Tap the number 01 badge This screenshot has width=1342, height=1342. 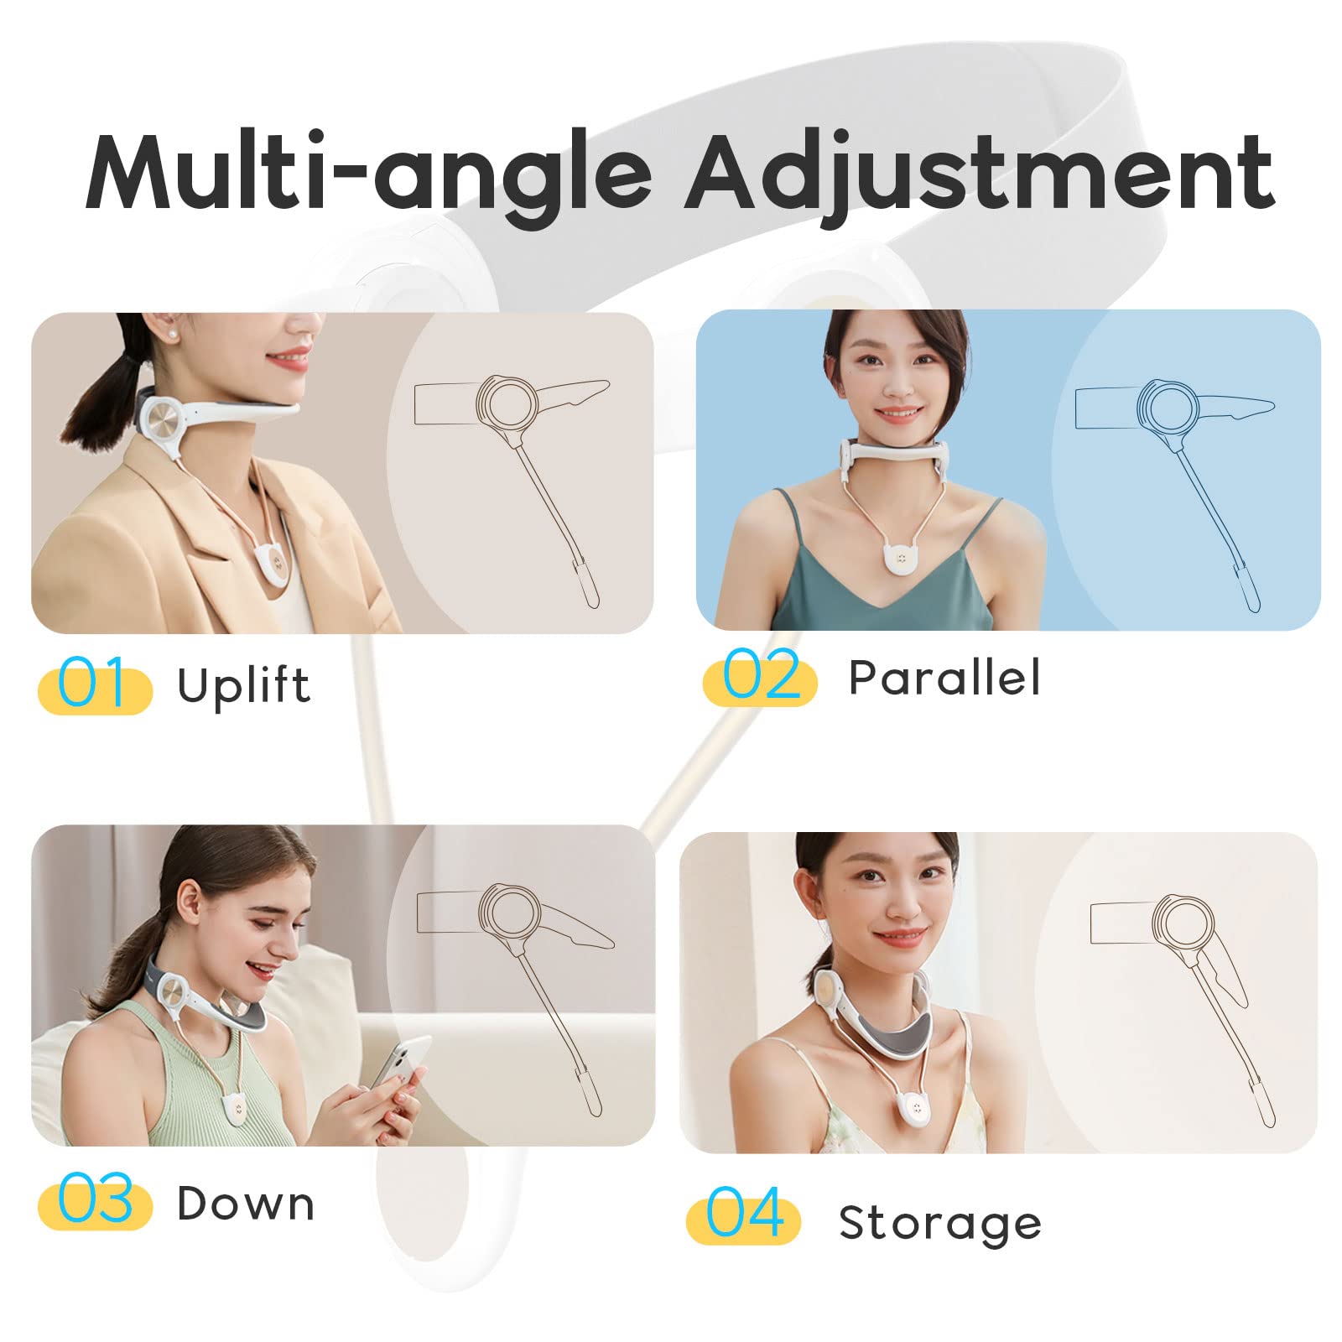pos(95,685)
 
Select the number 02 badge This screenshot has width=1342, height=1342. pos(760,677)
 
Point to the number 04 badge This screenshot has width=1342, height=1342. pos(743,1215)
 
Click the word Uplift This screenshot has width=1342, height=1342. pos(243,686)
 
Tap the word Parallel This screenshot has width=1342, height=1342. pos(944,677)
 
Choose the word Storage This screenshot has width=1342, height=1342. pos(940,1224)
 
